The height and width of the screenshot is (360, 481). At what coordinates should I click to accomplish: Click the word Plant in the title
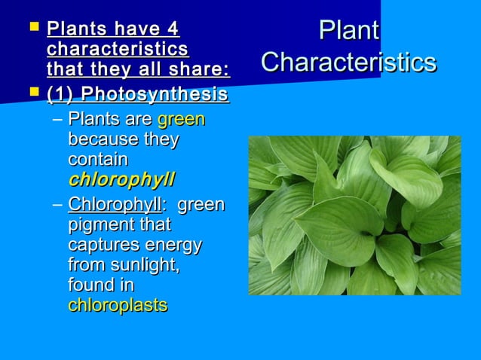tap(348, 31)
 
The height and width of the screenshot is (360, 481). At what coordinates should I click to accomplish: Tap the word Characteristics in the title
tap(348, 62)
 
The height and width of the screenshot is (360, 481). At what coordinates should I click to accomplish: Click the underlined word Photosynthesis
tap(155, 95)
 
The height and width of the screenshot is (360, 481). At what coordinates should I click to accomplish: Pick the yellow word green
tap(181, 120)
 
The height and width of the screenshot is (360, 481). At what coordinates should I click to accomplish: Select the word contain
tap(98, 160)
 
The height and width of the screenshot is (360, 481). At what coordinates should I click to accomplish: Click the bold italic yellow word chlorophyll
tap(121, 180)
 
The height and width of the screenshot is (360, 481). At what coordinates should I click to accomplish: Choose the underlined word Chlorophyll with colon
tap(117, 205)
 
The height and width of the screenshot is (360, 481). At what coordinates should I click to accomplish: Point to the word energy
tap(176, 245)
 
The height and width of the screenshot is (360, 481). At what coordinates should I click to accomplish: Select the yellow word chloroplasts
tap(118, 306)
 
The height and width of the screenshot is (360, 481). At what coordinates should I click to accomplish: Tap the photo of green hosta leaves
tap(354, 215)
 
